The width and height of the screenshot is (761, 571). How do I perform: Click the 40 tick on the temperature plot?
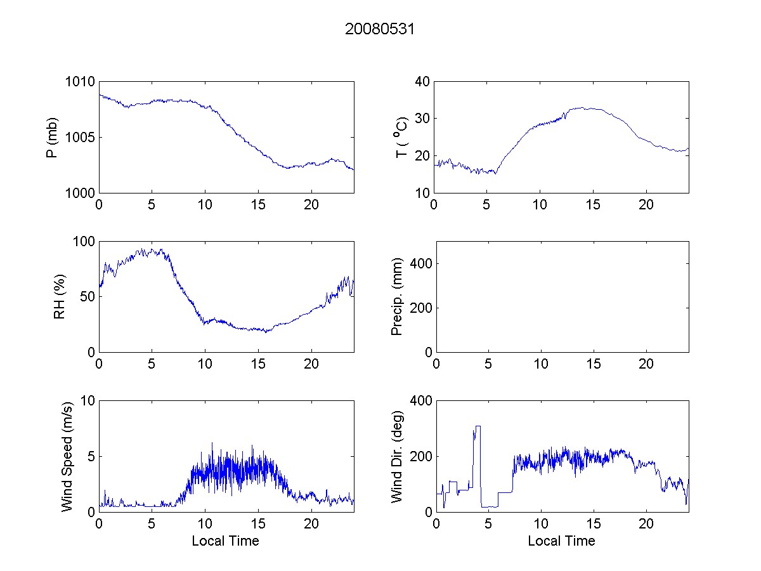point(422,82)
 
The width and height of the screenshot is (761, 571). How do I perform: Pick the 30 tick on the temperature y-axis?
point(422,119)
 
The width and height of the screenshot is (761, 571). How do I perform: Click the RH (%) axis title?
point(59,296)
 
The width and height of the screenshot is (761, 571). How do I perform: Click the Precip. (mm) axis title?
point(397,296)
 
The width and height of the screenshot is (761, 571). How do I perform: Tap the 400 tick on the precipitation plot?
point(419,263)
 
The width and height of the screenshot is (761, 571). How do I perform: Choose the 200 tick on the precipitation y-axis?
point(419,308)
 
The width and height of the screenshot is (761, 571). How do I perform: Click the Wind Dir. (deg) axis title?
point(397,456)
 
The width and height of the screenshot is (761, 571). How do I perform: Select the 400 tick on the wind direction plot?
point(419,401)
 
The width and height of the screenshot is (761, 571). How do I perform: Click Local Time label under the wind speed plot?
point(225,541)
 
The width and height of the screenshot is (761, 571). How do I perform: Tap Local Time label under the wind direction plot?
point(561,541)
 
